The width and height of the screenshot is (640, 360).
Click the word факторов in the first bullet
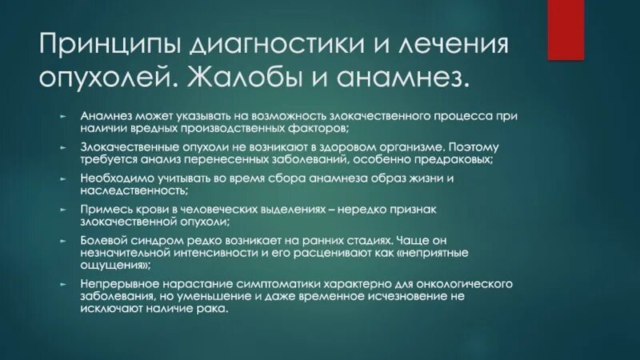pyautogui.click(x=320, y=128)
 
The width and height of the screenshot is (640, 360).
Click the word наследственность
pyautogui.click(x=134, y=191)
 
